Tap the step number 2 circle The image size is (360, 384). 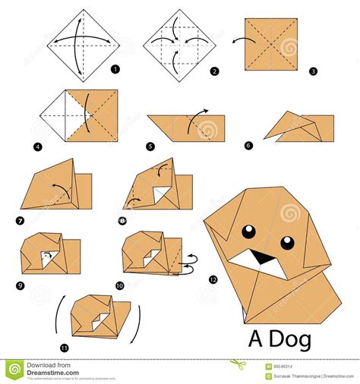point(215,71)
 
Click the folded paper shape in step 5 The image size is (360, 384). point(186,127)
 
